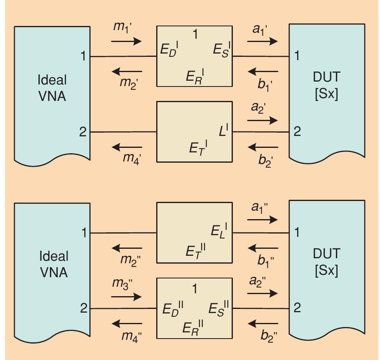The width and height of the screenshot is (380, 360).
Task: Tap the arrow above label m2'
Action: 127,72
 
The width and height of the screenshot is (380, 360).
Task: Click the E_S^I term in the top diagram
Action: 222,50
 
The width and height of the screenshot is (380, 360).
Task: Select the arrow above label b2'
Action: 263,147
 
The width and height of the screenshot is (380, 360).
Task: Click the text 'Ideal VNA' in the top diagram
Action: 53,88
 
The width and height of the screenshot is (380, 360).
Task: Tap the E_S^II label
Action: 219,308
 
